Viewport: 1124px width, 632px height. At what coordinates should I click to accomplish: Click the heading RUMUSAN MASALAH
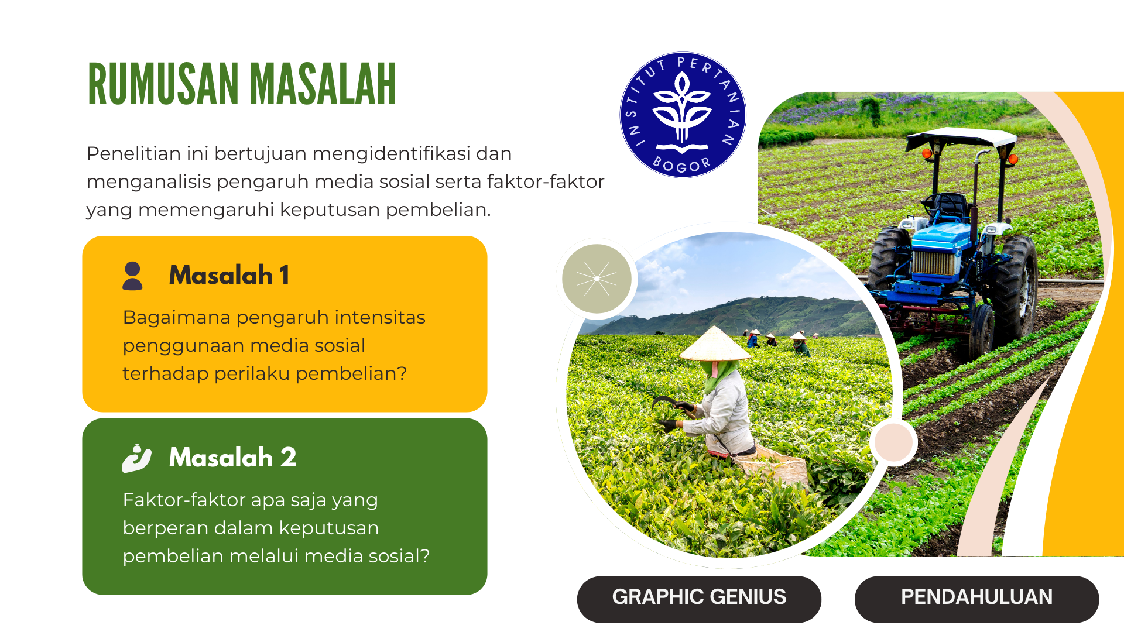point(242,85)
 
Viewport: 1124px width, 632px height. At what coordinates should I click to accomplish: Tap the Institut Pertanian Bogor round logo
point(683,115)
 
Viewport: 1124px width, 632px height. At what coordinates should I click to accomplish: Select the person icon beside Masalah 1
point(133,276)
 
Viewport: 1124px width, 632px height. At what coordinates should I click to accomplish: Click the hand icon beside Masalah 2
point(136,458)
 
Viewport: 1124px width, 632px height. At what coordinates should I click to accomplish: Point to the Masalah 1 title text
point(229,275)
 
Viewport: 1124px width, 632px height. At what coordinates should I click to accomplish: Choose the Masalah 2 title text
point(232,458)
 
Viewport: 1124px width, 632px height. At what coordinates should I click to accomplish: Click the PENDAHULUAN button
point(976,597)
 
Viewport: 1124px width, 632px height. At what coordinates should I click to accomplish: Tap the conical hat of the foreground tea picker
point(714,345)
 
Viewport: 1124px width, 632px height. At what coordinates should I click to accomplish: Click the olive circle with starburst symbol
point(597,279)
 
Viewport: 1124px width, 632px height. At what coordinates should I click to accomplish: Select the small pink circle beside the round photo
point(893,442)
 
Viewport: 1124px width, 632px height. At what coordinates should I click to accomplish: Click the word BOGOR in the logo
point(681,164)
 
